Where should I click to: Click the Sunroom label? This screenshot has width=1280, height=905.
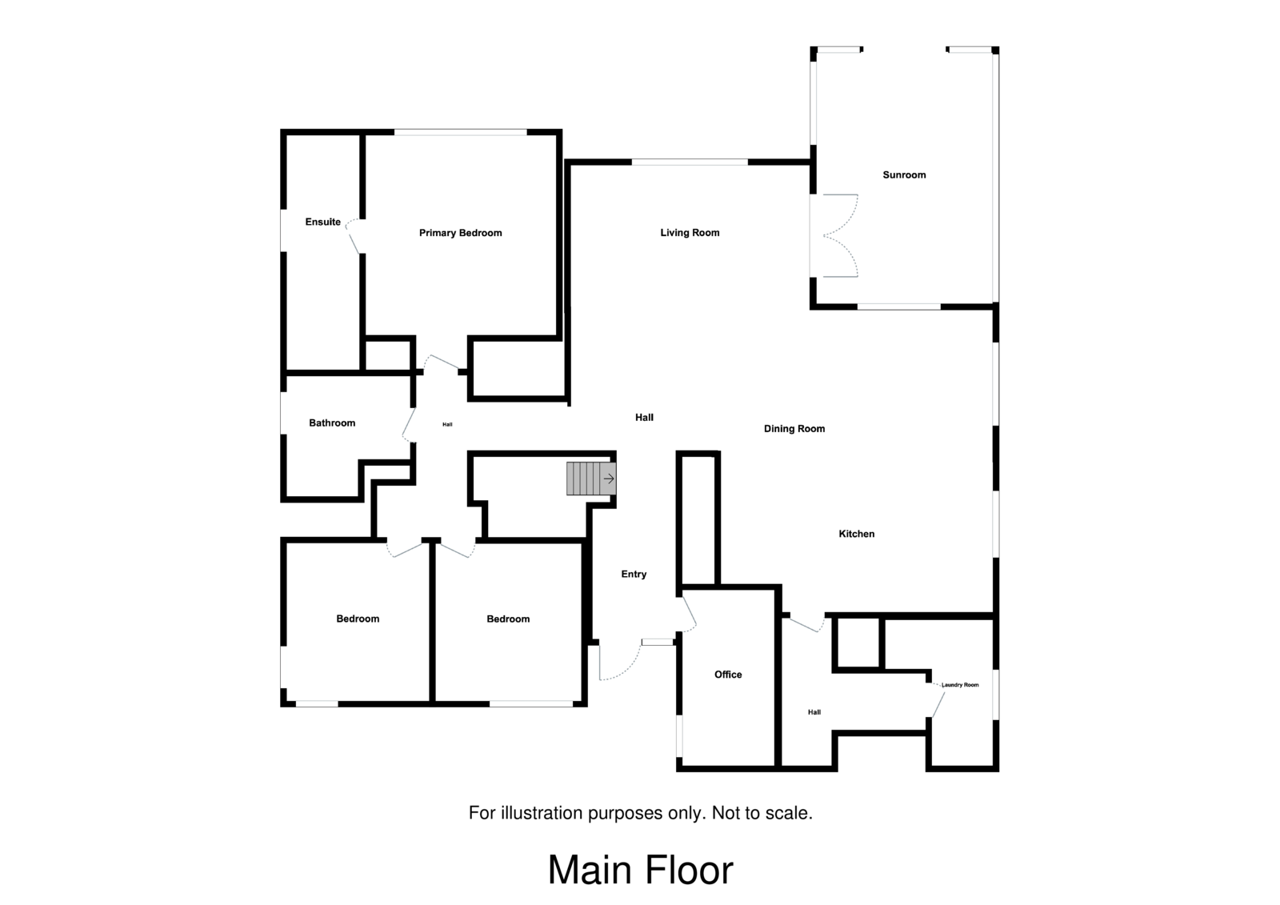tap(904, 174)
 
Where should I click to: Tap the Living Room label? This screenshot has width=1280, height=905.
tap(690, 233)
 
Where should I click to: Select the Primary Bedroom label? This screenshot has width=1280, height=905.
tap(460, 233)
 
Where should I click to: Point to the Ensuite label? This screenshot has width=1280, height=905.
tap(322, 222)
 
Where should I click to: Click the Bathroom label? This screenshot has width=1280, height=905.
tap(332, 422)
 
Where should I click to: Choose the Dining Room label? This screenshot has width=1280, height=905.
tap(794, 429)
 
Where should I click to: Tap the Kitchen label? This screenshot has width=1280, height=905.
tap(856, 534)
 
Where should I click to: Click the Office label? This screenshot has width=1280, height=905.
tap(728, 675)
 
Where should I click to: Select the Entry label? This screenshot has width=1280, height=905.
tap(634, 574)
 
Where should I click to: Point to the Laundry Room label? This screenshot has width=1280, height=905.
tap(960, 685)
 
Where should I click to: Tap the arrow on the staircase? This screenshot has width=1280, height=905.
tap(609, 479)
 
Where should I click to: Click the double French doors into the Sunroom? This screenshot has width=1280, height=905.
tap(840, 236)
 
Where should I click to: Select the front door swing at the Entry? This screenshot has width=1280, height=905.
tap(620, 664)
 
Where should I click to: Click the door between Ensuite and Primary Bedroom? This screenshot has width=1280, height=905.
tap(352, 238)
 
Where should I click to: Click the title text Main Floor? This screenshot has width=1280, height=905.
tap(640, 871)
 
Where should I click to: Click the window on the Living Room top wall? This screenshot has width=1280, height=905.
tap(690, 162)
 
